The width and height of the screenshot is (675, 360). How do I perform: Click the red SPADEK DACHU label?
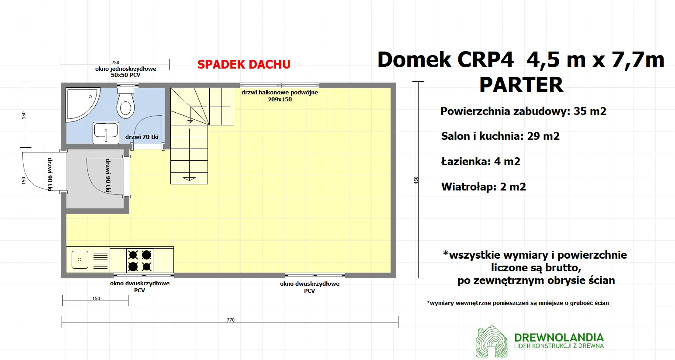pos(244,64)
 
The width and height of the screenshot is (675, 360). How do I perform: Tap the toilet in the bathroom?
pos(125,103)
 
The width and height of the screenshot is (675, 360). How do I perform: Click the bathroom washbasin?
pos(106,132)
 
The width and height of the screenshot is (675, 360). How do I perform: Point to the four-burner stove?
pos(140,260)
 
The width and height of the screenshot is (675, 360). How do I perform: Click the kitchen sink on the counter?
pos(80,260)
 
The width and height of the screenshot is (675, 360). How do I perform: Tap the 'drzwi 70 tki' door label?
pos(142,137)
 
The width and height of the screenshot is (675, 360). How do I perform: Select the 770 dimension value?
pos(231,320)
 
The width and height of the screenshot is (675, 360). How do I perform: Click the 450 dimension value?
pos(416,180)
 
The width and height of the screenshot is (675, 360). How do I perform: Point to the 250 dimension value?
pos(115,62)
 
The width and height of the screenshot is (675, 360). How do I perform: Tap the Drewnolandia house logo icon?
pos(492,341)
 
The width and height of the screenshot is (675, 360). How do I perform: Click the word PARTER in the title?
pos(521,85)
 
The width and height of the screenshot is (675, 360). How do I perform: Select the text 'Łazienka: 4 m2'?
pos(481,162)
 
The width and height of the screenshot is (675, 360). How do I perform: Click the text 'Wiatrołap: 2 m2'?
pos(484,187)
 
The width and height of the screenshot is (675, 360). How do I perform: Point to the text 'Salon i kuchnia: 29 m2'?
pos(500,136)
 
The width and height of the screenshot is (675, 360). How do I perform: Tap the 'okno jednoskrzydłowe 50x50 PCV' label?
pos(125,72)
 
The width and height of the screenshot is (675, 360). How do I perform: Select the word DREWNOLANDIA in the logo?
pos(559,337)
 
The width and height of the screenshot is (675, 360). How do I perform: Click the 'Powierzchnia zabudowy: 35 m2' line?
pos(523,111)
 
